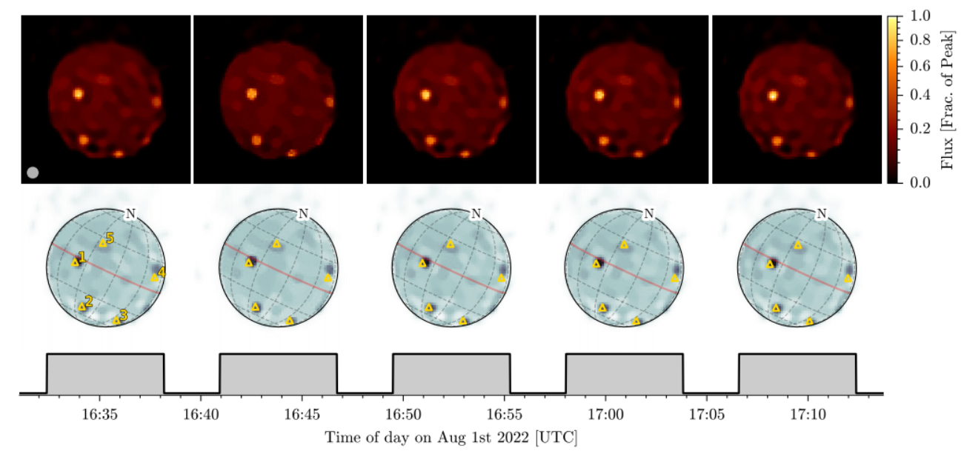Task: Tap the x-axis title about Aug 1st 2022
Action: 451,437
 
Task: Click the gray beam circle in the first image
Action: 33,173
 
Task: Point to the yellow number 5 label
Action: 110,238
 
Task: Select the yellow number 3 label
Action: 124,316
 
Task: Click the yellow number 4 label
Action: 162,273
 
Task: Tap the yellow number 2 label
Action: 89,301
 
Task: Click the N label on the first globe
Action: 130,214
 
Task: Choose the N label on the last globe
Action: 822,214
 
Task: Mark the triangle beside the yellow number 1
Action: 74,262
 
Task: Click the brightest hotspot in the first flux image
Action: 78,94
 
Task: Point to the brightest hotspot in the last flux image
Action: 773,95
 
